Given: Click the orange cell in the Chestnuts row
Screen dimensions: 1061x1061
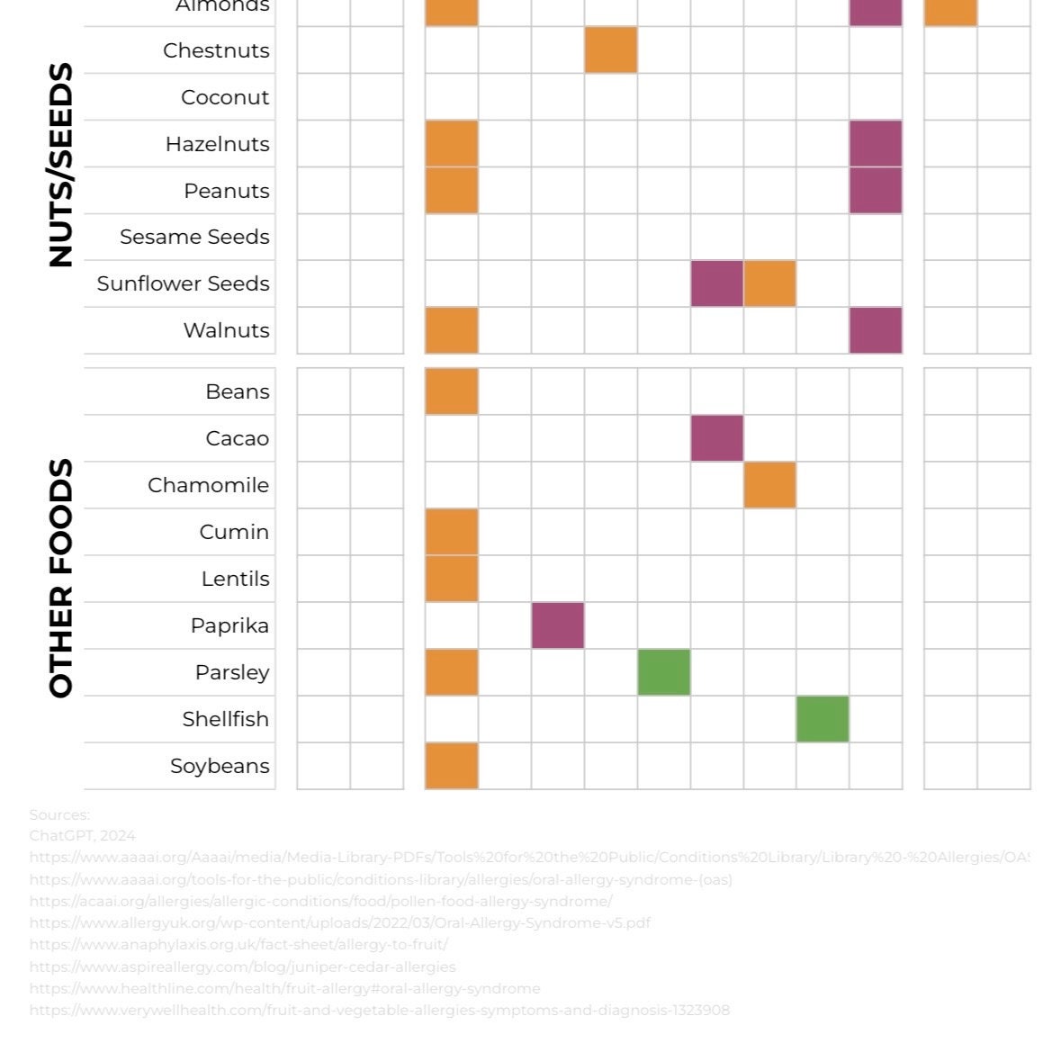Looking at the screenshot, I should (x=611, y=50).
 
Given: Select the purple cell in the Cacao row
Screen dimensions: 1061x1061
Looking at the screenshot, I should (x=717, y=438).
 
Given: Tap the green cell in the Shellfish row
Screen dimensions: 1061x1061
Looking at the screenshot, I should (x=823, y=719).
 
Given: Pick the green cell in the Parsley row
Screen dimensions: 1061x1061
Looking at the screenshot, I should (x=664, y=672).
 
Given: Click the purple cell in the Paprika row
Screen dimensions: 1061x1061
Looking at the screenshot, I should (x=558, y=625).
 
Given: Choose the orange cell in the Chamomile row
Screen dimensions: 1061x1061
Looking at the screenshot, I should (x=769, y=485).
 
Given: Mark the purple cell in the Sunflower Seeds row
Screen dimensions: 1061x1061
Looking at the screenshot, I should (x=717, y=283).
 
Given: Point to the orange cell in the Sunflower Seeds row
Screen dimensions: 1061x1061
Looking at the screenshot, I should (x=769, y=283).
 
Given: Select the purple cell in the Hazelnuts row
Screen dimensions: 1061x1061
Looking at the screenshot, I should (x=876, y=144).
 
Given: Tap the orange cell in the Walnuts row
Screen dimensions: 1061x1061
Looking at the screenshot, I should (x=452, y=330).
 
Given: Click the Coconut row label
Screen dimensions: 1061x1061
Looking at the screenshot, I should (x=225, y=97).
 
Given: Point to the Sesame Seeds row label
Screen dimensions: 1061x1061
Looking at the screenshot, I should (x=194, y=237).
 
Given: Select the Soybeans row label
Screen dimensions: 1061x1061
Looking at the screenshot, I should (x=220, y=766).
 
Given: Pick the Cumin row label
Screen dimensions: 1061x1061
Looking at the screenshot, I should (x=234, y=532).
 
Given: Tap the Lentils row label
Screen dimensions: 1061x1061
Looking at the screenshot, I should (x=235, y=579).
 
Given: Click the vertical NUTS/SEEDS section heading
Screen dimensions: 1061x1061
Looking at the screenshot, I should (x=60, y=166).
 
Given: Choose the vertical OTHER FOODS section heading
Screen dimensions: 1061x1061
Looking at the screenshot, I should (x=60, y=579).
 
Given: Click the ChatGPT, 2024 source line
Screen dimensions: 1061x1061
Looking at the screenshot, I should (x=82, y=836).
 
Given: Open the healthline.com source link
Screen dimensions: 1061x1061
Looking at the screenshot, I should (x=284, y=988).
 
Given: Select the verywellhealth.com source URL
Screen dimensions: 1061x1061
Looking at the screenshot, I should (x=379, y=1010).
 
